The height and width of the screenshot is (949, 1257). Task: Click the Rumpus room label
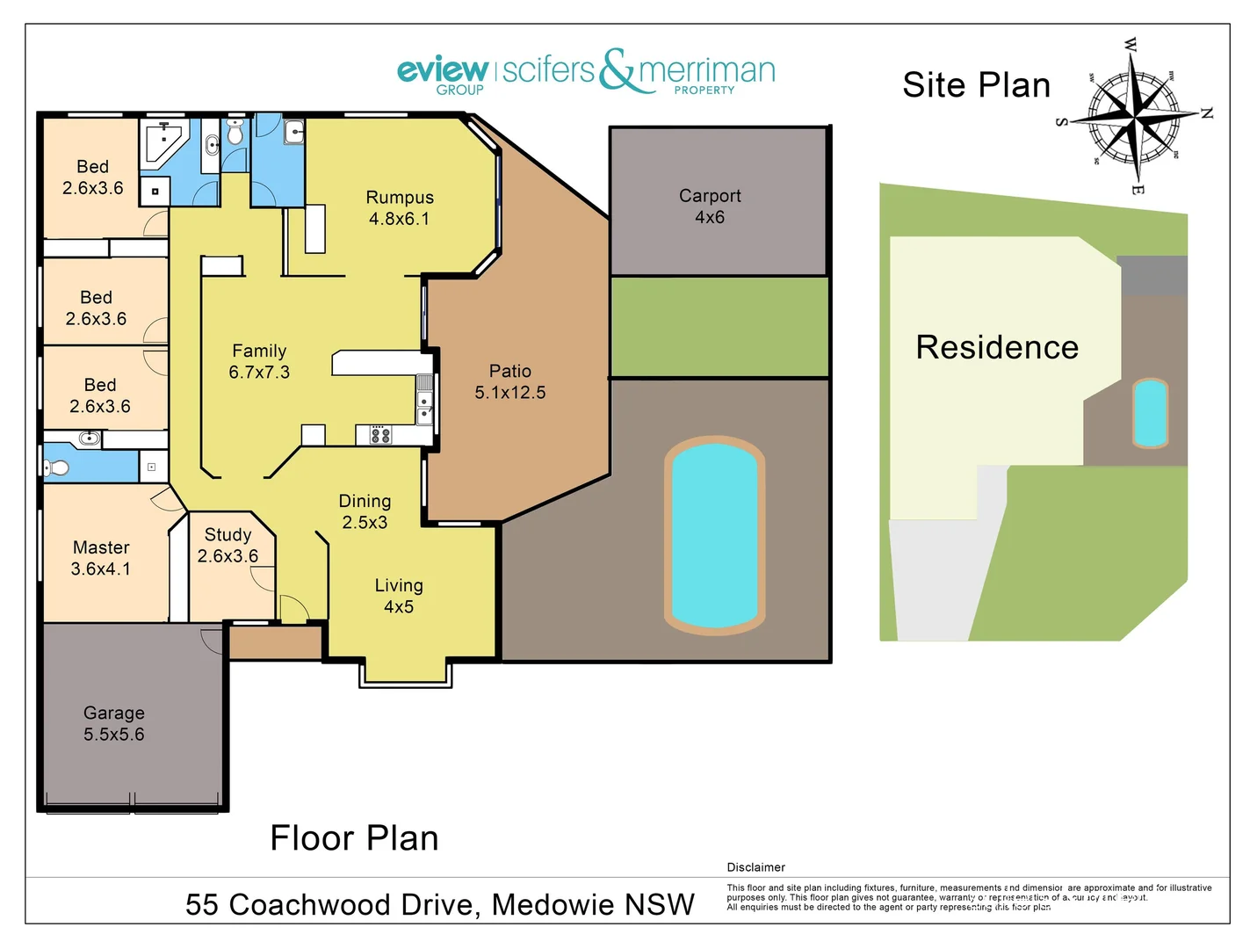[x=400, y=198]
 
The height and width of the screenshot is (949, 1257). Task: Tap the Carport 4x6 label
[x=710, y=196]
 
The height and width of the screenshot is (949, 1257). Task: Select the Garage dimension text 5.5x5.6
[x=114, y=735]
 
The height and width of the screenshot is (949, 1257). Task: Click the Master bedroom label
[x=101, y=547]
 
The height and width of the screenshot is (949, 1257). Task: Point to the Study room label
[x=228, y=535]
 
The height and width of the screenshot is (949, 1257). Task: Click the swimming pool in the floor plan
[x=714, y=534]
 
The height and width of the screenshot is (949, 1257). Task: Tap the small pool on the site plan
[x=1150, y=413]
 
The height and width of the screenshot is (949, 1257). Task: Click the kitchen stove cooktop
[x=380, y=434]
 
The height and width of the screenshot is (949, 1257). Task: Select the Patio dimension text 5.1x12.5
[x=510, y=393]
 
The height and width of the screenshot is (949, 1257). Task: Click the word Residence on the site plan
[x=997, y=347]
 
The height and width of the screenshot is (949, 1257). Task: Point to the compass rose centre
[x=1134, y=115]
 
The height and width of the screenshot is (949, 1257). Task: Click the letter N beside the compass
[x=1207, y=113]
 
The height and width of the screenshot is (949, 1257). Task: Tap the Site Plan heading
[x=976, y=85]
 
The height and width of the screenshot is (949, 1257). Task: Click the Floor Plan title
[x=354, y=838]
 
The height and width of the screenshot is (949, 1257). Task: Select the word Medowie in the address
[x=553, y=904]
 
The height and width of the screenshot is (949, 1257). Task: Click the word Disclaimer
[x=755, y=867]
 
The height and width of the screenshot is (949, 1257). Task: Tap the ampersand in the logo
[x=618, y=70]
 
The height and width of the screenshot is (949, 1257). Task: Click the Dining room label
[x=365, y=501]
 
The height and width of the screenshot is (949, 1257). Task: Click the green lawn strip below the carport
[x=719, y=327]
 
